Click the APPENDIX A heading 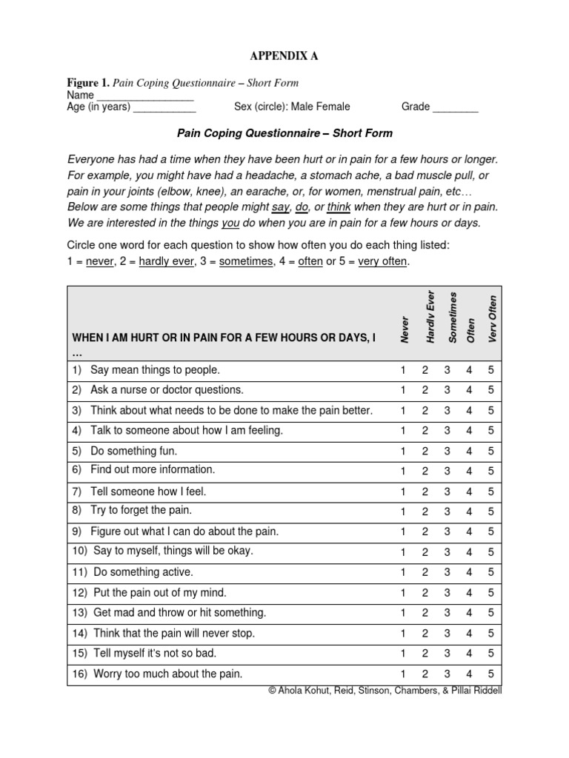[284, 56]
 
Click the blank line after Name [145, 96]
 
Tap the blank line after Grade [456, 108]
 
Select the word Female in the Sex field [333, 107]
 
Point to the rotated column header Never [405, 327]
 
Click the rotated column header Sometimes [452, 317]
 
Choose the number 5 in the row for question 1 [490, 370]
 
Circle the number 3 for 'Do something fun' [447, 451]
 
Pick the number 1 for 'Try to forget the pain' [403, 512]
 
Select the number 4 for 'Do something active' [469, 572]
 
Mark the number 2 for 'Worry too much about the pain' [425, 674]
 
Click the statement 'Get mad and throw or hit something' [178, 613]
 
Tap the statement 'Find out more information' [152, 470]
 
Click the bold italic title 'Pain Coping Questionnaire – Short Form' [284, 133]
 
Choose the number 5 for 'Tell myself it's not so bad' [490, 654]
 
